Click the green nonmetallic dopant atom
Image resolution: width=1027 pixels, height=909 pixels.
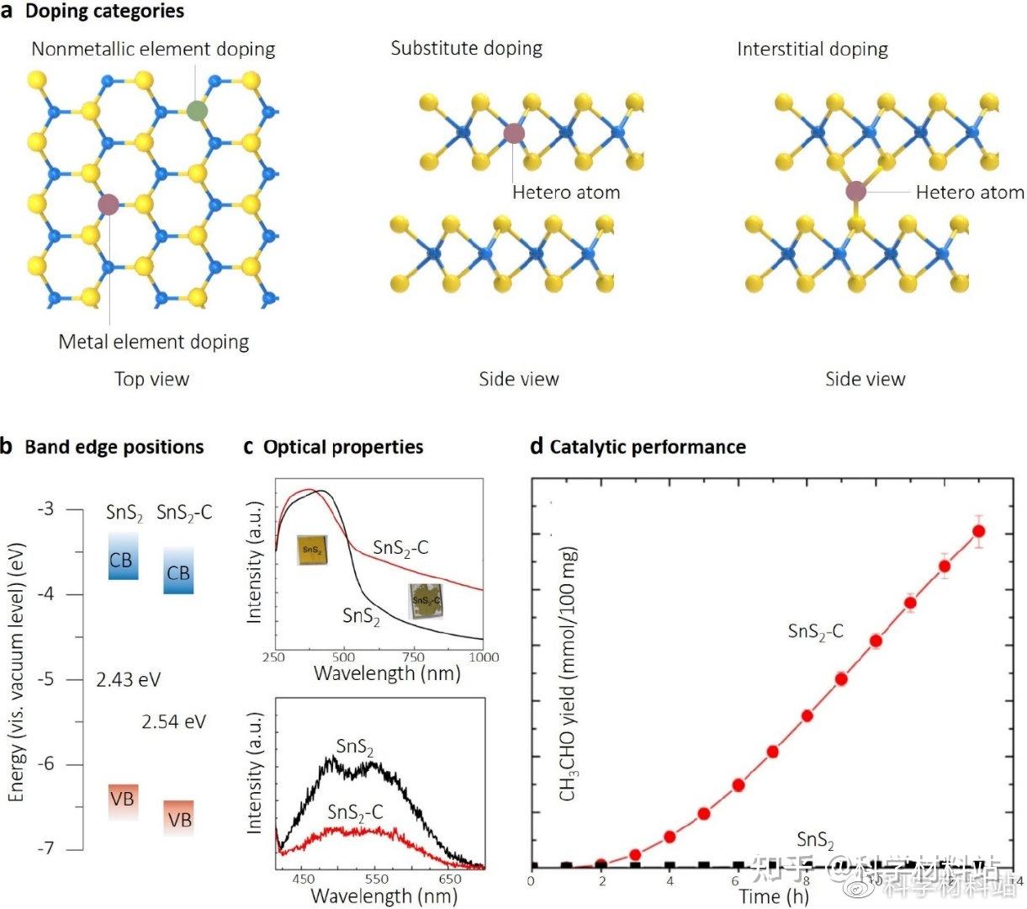pyautogui.click(x=197, y=110)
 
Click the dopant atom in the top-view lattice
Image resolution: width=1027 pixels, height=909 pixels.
pyautogui.click(x=109, y=204)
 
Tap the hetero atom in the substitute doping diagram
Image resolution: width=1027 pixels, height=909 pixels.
pyautogui.click(x=513, y=133)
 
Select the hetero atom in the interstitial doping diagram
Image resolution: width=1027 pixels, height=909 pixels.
pyautogui.click(x=855, y=191)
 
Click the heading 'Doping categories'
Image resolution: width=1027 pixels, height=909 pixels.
pyautogui.click(x=104, y=12)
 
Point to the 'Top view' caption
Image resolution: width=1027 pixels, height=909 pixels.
pyautogui.click(x=151, y=380)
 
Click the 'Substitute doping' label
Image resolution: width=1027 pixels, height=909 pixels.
pyautogui.click(x=466, y=49)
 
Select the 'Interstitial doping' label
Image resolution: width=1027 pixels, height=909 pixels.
pyautogui.click(x=812, y=50)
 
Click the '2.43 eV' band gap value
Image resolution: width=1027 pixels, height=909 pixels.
pyautogui.click(x=128, y=680)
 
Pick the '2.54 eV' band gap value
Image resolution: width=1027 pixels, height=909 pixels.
pyautogui.click(x=173, y=722)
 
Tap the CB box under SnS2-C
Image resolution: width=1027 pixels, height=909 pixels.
pyautogui.click(x=178, y=572)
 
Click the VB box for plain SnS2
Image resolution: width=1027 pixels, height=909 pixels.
pyautogui.click(x=123, y=800)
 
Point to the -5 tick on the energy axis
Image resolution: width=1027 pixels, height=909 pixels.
pyautogui.click(x=45, y=679)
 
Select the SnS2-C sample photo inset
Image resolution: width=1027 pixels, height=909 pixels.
pyautogui.click(x=426, y=600)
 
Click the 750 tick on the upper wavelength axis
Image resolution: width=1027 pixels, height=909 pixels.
pyautogui.click(x=414, y=657)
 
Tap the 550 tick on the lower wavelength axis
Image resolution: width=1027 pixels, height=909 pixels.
pyautogui.click(x=376, y=879)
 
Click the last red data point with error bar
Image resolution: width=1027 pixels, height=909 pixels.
pyautogui.click(x=978, y=531)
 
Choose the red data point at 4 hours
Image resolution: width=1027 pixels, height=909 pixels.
pyautogui.click(x=670, y=837)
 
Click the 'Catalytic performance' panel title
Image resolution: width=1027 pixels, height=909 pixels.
pyautogui.click(x=647, y=447)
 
